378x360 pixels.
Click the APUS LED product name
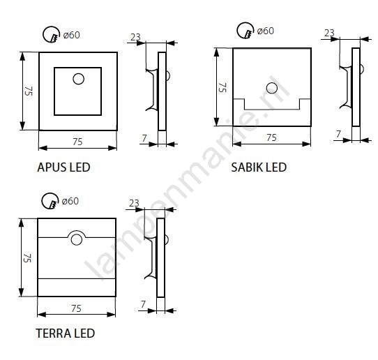(63, 167)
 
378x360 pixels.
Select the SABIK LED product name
(259, 167)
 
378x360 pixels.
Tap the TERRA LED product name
(66, 333)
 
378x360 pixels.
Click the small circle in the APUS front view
(78, 79)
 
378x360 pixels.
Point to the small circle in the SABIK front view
(272, 88)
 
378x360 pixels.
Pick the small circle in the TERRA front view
(77, 240)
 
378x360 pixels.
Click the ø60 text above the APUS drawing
(71, 35)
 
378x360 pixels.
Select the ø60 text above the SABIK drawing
(266, 31)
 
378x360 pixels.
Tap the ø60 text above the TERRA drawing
(70, 201)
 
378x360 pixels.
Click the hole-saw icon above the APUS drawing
(52, 34)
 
